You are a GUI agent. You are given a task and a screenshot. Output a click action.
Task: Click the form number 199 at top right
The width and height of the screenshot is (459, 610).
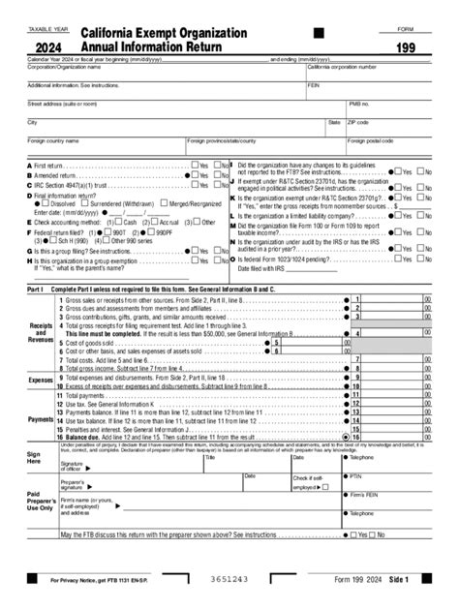point(405,46)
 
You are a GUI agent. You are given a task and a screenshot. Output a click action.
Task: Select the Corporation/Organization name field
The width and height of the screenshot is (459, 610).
point(165,73)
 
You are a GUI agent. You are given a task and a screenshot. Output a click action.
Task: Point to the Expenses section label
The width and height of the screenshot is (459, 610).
point(40,381)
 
